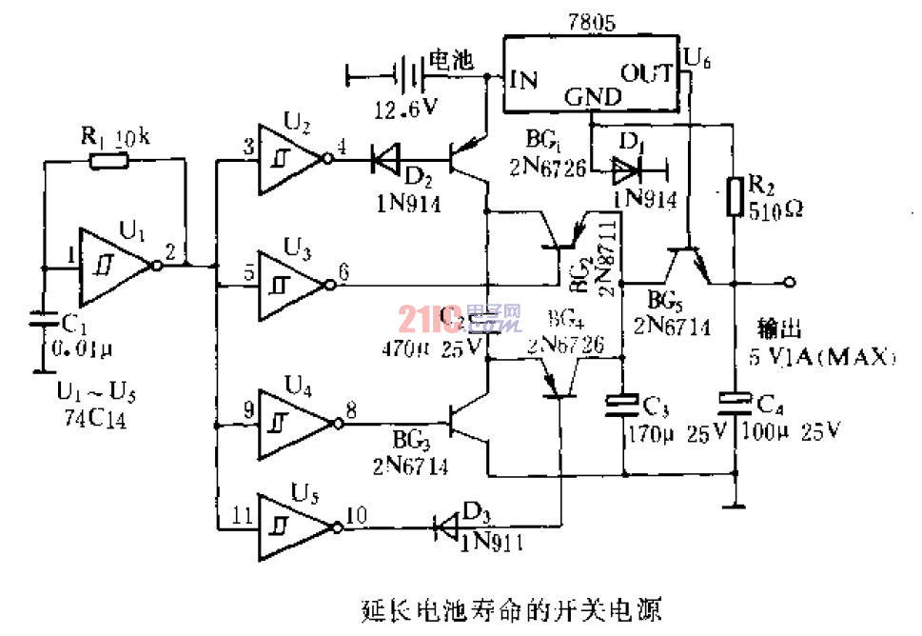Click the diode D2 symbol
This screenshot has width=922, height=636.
(386, 158)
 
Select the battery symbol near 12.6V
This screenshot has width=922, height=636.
(408, 72)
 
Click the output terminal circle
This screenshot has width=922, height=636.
(789, 283)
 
